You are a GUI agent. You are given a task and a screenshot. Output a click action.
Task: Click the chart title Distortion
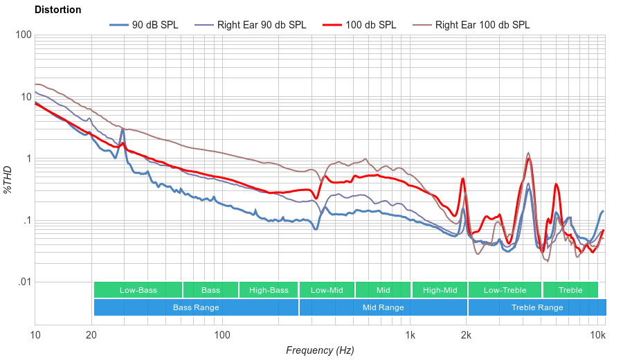(x=57, y=10)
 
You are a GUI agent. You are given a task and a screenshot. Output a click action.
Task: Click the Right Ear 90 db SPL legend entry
(x=261, y=25)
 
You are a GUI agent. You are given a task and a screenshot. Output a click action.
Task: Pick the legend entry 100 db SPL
(x=370, y=25)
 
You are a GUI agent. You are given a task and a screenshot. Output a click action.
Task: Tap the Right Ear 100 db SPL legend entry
(x=482, y=25)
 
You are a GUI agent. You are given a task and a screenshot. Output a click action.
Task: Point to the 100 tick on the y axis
(x=22, y=35)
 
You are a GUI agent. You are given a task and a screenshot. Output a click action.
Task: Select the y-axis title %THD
(x=8, y=179)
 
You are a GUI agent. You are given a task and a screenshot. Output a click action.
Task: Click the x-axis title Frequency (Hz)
(x=320, y=350)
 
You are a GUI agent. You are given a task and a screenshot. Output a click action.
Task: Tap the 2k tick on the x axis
(x=467, y=336)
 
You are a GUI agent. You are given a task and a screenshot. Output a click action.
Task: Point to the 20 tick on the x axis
(x=91, y=336)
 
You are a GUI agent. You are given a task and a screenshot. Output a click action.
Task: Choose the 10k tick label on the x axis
(x=597, y=336)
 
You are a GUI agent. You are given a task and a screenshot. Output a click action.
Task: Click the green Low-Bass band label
(x=138, y=290)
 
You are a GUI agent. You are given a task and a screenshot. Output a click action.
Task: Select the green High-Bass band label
(x=269, y=290)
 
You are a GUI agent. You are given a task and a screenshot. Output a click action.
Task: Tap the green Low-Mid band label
(x=326, y=290)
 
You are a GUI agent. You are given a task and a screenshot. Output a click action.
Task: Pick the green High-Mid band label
(x=440, y=290)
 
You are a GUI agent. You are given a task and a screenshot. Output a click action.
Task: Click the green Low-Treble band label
(x=505, y=290)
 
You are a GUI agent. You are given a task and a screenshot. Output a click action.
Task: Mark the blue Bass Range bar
(x=196, y=307)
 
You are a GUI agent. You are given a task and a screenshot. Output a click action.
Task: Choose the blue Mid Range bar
(x=383, y=307)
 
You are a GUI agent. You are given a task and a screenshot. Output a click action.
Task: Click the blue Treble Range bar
(x=536, y=307)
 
